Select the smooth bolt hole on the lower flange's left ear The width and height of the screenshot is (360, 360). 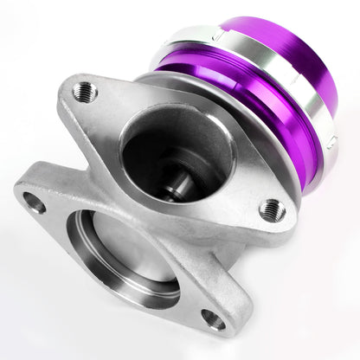coord(34,204)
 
